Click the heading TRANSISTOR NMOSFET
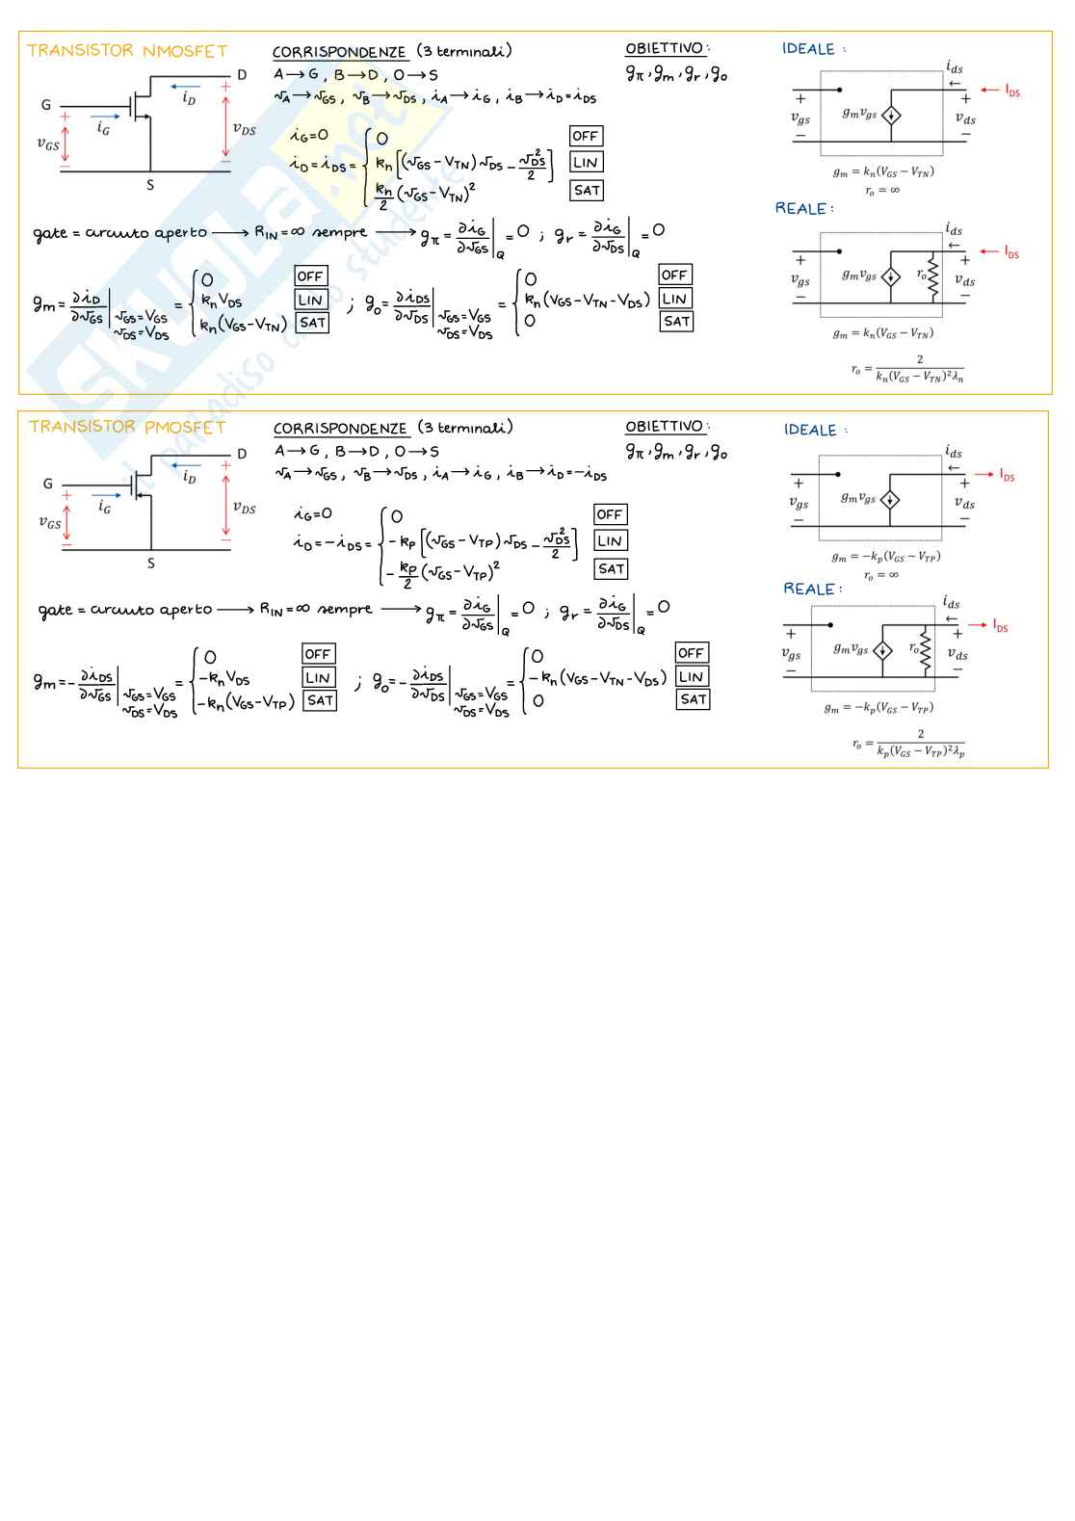coord(126,51)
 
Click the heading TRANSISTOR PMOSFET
coord(126,427)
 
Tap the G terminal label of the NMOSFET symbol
coord(46,105)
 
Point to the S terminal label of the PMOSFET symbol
coord(150,564)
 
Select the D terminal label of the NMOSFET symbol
coord(242,75)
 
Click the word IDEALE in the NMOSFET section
coord(808,49)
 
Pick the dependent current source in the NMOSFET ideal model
coord(891,116)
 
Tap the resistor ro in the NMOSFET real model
coord(932,277)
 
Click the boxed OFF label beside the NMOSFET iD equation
coord(585,136)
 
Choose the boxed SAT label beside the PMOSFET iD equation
coord(611,569)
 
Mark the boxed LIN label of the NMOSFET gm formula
coord(310,301)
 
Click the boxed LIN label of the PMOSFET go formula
coord(691,677)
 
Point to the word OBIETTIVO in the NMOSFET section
coord(665,49)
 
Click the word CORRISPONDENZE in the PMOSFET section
coord(340,429)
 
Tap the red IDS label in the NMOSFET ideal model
coord(1011,92)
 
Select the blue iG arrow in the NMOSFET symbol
coord(105,118)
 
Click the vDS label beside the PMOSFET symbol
coord(244,508)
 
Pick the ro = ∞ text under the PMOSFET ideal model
coord(880,575)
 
